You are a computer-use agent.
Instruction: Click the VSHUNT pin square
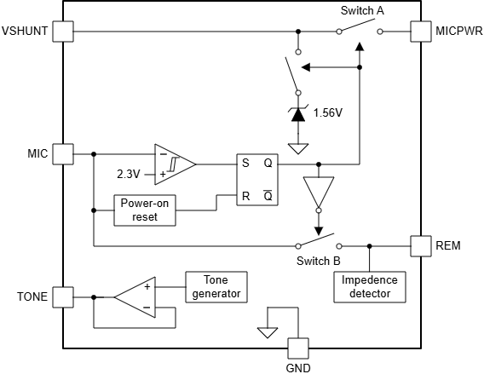(x=62, y=32)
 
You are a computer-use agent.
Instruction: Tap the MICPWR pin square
(x=422, y=32)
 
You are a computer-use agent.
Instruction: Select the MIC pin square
(x=62, y=154)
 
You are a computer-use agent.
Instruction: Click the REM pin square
(x=422, y=245)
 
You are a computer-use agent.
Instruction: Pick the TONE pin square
(x=62, y=297)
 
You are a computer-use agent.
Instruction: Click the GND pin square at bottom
(x=297, y=348)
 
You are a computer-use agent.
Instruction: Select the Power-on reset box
(x=144, y=210)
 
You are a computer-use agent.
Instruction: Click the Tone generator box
(x=216, y=287)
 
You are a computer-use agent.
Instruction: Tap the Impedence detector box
(x=369, y=287)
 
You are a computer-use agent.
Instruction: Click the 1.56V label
(x=330, y=112)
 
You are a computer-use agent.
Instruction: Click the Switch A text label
(x=362, y=11)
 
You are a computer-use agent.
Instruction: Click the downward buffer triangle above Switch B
(x=319, y=193)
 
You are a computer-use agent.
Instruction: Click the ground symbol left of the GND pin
(x=268, y=331)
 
